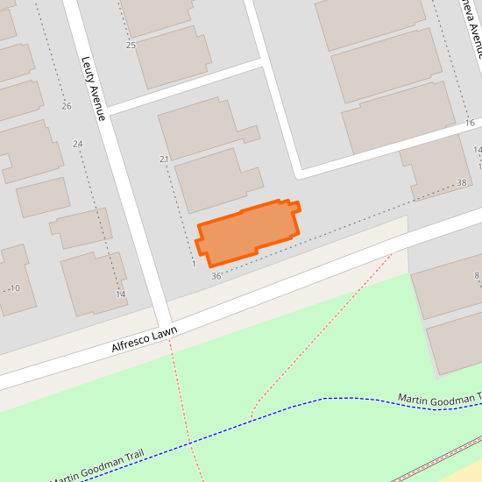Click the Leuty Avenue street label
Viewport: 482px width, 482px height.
tap(94, 89)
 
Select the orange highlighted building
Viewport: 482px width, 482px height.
tap(248, 232)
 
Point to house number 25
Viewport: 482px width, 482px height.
tap(131, 45)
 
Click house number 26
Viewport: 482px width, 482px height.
tap(67, 106)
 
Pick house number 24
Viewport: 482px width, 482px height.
tap(78, 144)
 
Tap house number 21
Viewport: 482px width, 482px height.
tap(164, 159)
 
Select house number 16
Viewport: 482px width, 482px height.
tap(470, 123)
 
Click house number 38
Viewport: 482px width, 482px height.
tap(462, 182)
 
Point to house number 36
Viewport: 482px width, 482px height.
tap(216, 276)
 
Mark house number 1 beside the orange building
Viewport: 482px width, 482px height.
tap(193, 262)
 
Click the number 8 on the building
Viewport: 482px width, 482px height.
tap(477, 276)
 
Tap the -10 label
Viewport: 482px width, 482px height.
tap(13, 287)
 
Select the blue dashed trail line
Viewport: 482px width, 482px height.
tap(289, 408)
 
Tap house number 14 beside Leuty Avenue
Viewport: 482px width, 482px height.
tap(121, 294)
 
